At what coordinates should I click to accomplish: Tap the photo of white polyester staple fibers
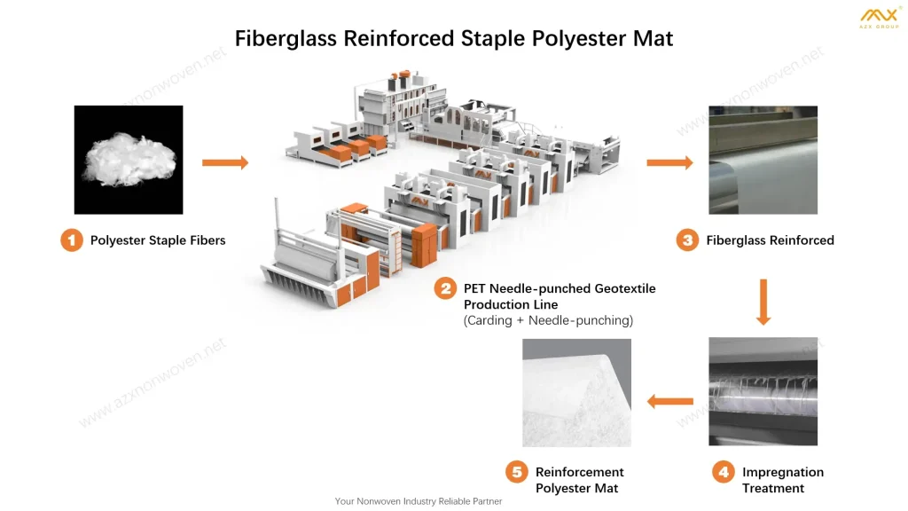129,160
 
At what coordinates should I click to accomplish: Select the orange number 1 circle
72,240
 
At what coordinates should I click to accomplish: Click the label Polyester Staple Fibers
158,240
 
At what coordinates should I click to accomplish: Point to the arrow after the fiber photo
225,162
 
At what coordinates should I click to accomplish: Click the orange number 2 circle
445,289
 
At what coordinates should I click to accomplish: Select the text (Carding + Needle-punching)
548,320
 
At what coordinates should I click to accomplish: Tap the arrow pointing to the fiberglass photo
669,162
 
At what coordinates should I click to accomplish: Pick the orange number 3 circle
687,240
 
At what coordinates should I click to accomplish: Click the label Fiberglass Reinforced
770,240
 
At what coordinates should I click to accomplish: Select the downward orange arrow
763,302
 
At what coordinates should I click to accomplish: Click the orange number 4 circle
724,473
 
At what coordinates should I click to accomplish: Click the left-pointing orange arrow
669,402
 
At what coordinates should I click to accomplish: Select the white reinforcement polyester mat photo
576,392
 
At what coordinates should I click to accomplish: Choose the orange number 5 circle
517,473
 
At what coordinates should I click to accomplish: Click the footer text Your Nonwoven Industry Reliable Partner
419,501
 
